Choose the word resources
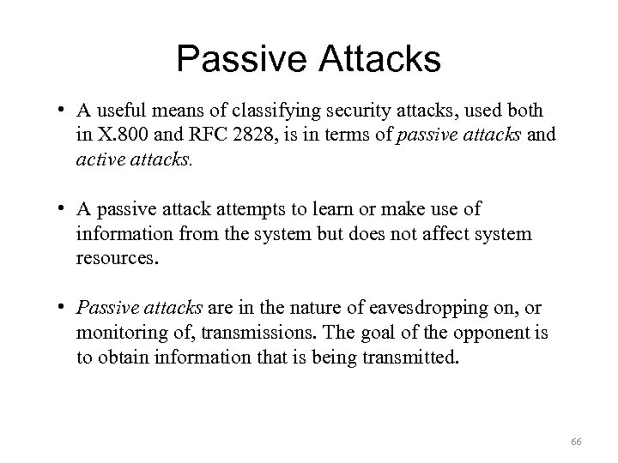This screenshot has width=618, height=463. (x=117, y=255)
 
